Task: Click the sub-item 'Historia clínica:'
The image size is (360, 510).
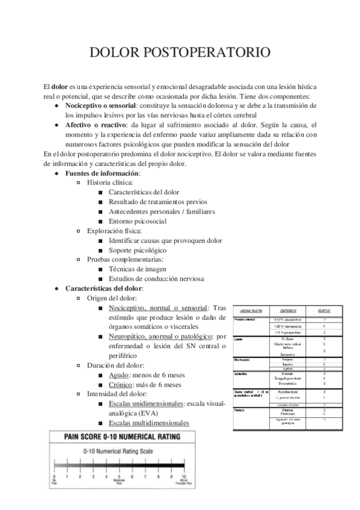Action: tap(111, 182)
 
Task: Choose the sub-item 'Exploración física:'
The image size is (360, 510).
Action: tap(115, 230)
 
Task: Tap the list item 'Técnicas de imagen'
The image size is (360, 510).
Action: tap(138, 269)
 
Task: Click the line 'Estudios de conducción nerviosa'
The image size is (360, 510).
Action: tap(156, 278)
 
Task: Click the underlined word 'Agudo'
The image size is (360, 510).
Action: tap(120, 375)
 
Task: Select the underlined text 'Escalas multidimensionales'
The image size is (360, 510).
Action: tap(149, 423)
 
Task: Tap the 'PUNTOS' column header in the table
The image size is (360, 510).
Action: tap(327, 310)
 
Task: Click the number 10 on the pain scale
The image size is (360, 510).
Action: tap(184, 476)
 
